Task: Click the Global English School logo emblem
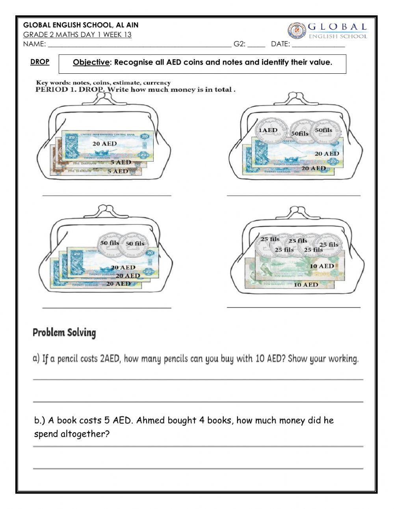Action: coord(295,31)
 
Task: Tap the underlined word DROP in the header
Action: coord(40,62)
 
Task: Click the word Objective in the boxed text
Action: coord(91,62)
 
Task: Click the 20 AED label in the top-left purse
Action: coord(104,144)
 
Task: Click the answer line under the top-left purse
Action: coord(107,195)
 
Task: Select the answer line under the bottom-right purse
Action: coord(294,306)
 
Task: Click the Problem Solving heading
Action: coord(64,333)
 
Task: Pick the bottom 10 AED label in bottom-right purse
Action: coord(306,284)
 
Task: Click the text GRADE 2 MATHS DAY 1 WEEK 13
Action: coord(77,35)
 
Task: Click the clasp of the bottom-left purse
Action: coord(104,210)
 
